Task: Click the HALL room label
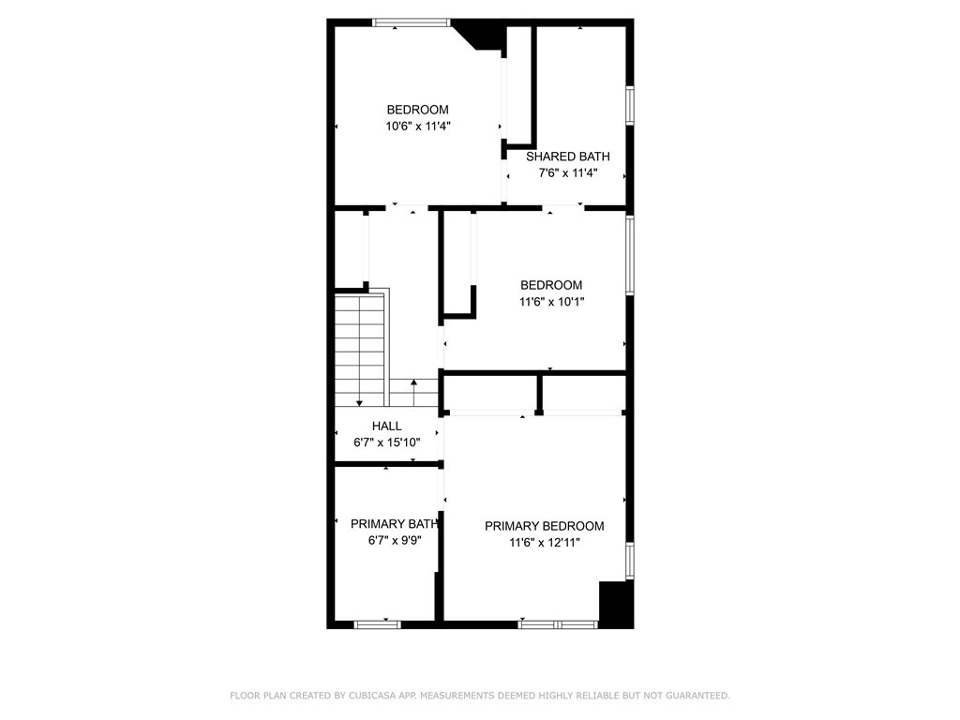tap(387, 427)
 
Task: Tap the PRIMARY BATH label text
tap(395, 524)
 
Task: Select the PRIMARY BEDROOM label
tap(545, 526)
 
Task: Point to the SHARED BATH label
tap(567, 157)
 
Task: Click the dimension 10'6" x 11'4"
tap(417, 127)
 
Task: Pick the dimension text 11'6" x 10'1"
tap(551, 302)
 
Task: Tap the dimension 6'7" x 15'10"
tap(387, 442)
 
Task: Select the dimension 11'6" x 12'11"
tap(545, 543)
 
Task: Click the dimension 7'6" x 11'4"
tap(567, 173)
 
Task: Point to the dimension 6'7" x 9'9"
tap(395, 541)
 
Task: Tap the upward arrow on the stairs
tap(413, 393)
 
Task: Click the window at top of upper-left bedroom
tap(412, 22)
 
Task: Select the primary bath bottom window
tap(378, 624)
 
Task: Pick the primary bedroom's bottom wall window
tap(558, 624)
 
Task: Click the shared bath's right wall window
tap(629, 106)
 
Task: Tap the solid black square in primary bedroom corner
tap(616, 605)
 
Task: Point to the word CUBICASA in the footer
tap(371, 696)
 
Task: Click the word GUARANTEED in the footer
tap(698, 696)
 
